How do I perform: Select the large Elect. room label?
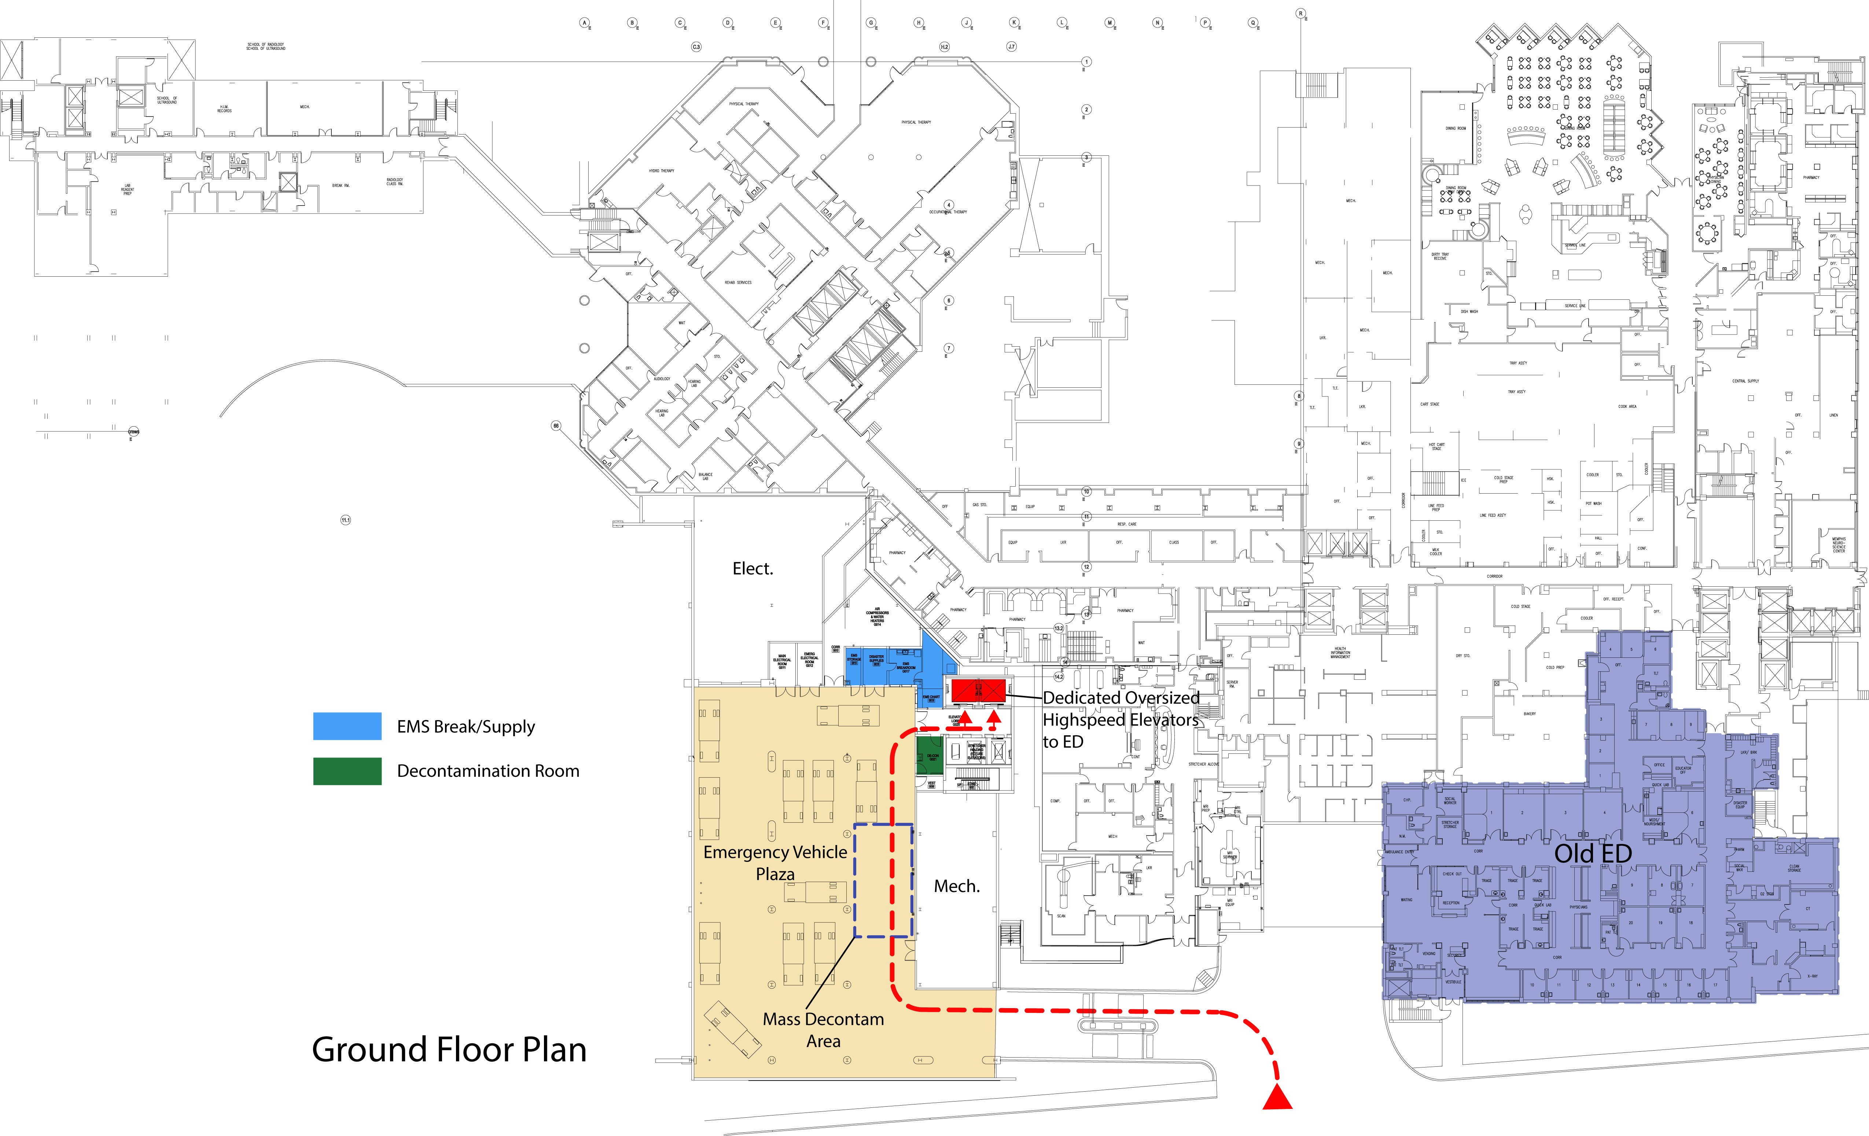coord(753,569)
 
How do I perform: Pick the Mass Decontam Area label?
coord(823,1030)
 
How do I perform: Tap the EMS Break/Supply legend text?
coord(466,727)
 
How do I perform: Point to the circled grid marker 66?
coord(556,426)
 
